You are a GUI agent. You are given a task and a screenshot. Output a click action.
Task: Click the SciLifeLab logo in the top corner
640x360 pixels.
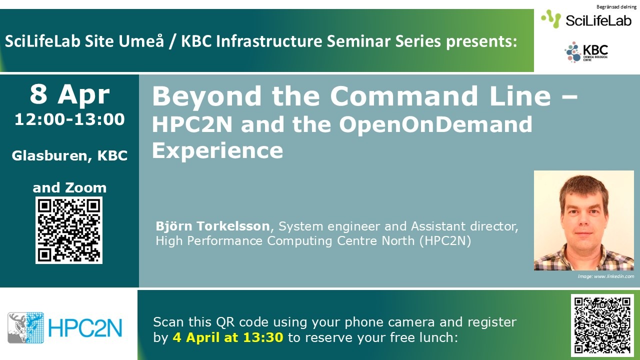click(x=586, y=19)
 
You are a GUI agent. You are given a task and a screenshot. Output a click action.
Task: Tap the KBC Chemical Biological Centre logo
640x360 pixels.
click(x=586, y=52)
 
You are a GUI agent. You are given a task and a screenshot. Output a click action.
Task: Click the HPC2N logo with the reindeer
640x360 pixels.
click(x=65, y=327)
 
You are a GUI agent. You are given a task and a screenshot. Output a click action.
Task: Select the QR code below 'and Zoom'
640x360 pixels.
click(x=69, y=230)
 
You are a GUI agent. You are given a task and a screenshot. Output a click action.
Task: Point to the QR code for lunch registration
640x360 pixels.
click(x=602, y=325)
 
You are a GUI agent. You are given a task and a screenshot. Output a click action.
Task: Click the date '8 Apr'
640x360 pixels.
click(x=69, y=94)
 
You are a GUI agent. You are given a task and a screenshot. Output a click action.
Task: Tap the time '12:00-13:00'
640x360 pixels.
click(x=69, y=119)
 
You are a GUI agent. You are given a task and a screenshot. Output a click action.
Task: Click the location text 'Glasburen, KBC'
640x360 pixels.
click(x=69, y=156)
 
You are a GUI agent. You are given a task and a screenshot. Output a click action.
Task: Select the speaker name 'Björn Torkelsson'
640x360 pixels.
click(x=212, y=226)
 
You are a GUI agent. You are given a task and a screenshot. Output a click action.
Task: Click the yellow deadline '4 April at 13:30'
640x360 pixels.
click(x=228, y=337)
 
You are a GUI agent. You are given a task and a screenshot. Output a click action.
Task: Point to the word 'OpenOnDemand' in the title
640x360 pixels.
click(x=435, y=124)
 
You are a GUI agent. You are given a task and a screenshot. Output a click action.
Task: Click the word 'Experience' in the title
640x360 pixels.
click(x=217, y=151)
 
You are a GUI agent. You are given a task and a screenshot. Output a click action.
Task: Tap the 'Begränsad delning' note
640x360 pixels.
click(x=616, y=7)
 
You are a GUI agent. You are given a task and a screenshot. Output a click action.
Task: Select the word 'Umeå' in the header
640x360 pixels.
click(x=141, y=41)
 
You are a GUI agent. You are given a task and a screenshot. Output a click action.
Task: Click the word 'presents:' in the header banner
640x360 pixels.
click(x=481, y=41)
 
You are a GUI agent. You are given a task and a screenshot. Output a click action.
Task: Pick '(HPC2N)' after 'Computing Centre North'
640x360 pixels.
click(x=445, y=241)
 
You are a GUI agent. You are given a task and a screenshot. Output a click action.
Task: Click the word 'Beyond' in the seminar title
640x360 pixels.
click(x=206, y=97)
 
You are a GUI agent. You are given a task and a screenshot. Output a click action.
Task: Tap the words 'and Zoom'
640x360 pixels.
click(x=69, y=187)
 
